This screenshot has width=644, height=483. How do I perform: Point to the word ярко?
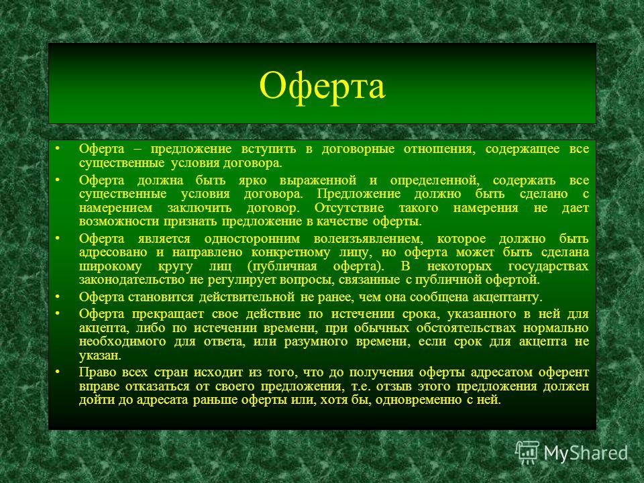(253, 180)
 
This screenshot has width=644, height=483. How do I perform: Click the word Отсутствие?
(349, 208)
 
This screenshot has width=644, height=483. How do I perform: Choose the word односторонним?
(252, 239)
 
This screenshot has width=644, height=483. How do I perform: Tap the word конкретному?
(290, 253)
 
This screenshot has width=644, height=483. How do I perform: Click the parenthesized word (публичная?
(282, 266)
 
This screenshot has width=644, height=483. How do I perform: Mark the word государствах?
(548, 266)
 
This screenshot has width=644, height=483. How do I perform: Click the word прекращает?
(168, 314)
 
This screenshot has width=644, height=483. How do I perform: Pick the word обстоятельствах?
(466, 328)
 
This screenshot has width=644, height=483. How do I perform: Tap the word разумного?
(316, 341)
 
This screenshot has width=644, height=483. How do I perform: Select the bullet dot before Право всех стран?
(58, 372)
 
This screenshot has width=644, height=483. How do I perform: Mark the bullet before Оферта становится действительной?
(58, 297)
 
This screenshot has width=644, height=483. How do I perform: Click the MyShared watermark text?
(586, 453)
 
